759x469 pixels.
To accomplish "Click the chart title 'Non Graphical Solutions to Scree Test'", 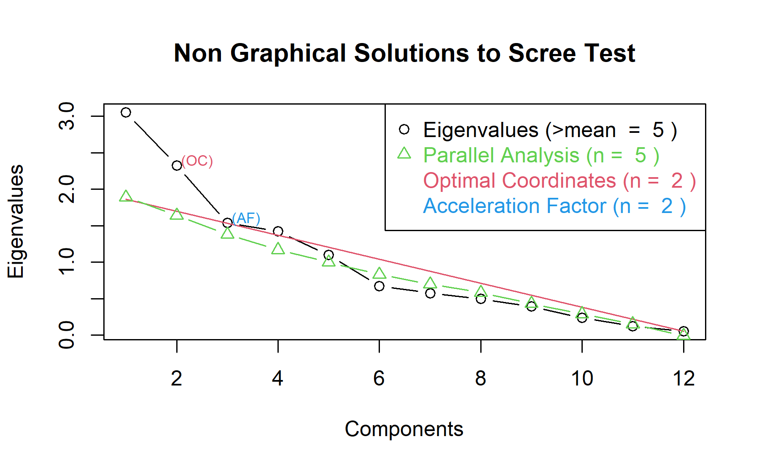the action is coord(404,54).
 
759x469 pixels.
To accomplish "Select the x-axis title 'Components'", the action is coord(404,429).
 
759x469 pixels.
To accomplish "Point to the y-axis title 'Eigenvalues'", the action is coord(16,221).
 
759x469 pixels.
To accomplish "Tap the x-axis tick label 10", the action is coord(582,378).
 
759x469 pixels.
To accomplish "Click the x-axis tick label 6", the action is coord(379,378).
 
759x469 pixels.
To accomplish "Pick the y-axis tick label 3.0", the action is coord(67,116).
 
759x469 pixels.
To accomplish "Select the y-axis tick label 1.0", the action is coord(67,262).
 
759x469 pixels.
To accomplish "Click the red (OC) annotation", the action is coord(197,161).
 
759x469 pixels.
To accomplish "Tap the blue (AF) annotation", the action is coord(246,218).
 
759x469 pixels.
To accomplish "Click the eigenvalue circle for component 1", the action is coord(126,112).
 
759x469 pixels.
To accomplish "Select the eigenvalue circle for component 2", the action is coord(177,165).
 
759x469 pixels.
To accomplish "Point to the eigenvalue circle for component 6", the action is coord(379,286).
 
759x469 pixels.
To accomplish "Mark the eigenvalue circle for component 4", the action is coord(278,231).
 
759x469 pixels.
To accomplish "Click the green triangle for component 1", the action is coord(126,197).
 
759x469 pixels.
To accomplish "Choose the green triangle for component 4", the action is coord(278,249).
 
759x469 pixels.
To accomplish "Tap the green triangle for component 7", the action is coord(430,283).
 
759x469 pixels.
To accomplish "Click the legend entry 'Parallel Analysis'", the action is coord(541,155).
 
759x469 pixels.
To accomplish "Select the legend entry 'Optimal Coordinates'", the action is coord(559,181).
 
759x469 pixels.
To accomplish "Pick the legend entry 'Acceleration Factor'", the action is coord(554,206).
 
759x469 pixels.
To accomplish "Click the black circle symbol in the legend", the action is coord(404,129).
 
